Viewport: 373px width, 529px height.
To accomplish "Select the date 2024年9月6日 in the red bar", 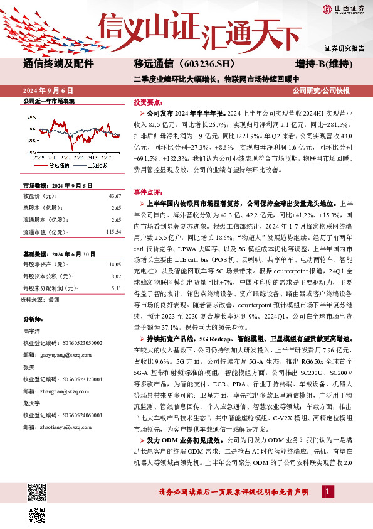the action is (x=53, y=90).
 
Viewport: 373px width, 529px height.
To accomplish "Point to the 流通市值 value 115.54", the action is (x=113, y=232).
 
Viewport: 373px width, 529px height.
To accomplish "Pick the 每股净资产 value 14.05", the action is (x=114, y=265).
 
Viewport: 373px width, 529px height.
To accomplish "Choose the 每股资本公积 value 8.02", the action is (x=115, y=276).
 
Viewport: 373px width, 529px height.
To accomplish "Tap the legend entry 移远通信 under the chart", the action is (x=60, y=166).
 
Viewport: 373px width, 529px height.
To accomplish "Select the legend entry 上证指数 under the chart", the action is (x=97, y=166).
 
